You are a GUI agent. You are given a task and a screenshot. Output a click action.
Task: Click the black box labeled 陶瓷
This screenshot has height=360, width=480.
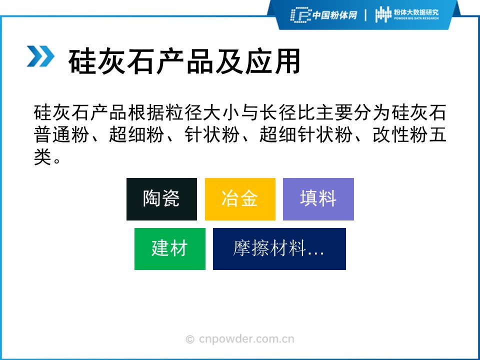[x=161, y=199]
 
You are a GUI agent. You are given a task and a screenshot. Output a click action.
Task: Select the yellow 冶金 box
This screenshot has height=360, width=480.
[x=240, y=199]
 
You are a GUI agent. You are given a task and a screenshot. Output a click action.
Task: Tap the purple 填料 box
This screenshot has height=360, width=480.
[x=318, y=199]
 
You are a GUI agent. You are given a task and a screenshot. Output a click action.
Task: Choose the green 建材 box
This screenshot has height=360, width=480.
[x=170, y=249]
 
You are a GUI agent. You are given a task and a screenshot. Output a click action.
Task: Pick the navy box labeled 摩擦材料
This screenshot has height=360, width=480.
[x=279, y=249]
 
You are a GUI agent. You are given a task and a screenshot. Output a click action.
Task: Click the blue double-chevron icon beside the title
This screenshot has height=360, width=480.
[x=40, y=56]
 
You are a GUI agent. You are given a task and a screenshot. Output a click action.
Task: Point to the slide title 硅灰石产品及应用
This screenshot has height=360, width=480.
[x=184, y=61]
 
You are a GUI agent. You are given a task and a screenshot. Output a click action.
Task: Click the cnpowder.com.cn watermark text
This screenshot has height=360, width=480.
[x=246, y=339]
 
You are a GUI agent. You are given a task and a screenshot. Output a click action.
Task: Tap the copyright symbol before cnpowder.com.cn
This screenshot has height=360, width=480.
[x=190, y=339]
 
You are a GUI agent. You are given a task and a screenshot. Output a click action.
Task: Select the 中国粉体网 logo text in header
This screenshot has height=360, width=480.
[x=334, y=15]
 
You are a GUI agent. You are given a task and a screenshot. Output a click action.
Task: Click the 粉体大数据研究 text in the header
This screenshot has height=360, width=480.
[x=416, y=12]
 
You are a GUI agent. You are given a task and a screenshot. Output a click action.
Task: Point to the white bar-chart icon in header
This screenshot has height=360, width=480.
[x=383, y=14]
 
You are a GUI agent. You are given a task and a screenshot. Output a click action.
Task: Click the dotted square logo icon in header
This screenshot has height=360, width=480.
[x=300, y=15]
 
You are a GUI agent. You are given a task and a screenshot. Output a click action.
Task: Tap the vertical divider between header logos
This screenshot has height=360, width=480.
[x=365, y=15]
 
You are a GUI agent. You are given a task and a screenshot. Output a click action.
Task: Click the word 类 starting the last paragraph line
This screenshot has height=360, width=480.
[x=42, y=157]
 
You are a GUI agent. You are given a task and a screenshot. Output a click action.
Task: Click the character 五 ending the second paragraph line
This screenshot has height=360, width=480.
[x=437, y=134]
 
